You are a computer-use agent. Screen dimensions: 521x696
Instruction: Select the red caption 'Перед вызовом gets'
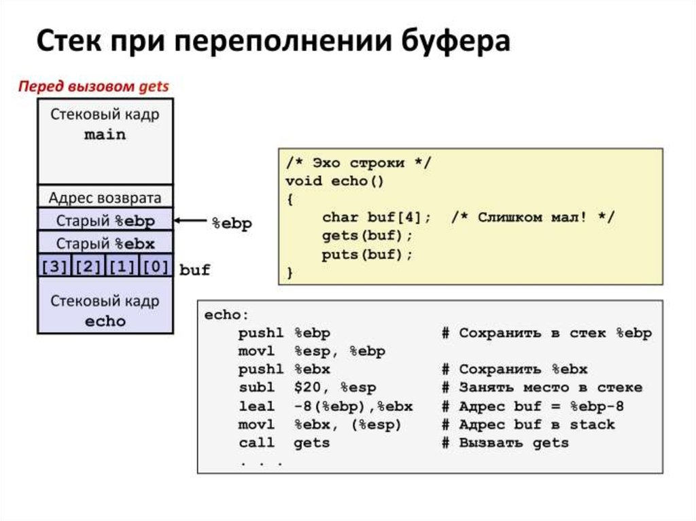click(x=93, y=87)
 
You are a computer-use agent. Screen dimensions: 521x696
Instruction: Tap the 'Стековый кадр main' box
click(x=105, y=141)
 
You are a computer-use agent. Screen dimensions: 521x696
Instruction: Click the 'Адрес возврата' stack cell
click(x=105, y=198)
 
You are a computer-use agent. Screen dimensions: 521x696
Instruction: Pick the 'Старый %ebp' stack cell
click(x=105, y=221)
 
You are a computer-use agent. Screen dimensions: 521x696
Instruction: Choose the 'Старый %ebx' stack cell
click(x=105, y=243)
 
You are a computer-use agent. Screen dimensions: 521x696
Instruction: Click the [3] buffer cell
click(x=54, y=266)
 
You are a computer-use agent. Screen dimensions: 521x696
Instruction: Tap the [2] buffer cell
click(x=88, y=266)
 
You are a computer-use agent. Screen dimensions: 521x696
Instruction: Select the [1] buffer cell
click(x=122, y=266)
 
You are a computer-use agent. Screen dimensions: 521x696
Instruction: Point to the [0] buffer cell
click(x=156, y=266)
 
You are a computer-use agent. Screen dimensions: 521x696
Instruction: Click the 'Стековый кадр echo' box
click(x=105, y=310)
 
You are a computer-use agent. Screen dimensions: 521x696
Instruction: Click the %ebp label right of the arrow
click(x=232, y=223)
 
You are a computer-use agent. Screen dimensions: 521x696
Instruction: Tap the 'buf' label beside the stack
click(x=194, y=270)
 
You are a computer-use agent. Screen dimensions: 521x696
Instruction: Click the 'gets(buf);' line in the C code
click(x=367, y=236)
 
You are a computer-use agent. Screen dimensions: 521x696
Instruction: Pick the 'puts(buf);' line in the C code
click(x=367, y=255)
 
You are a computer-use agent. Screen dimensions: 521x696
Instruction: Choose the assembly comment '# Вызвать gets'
click(x=504, y=443)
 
